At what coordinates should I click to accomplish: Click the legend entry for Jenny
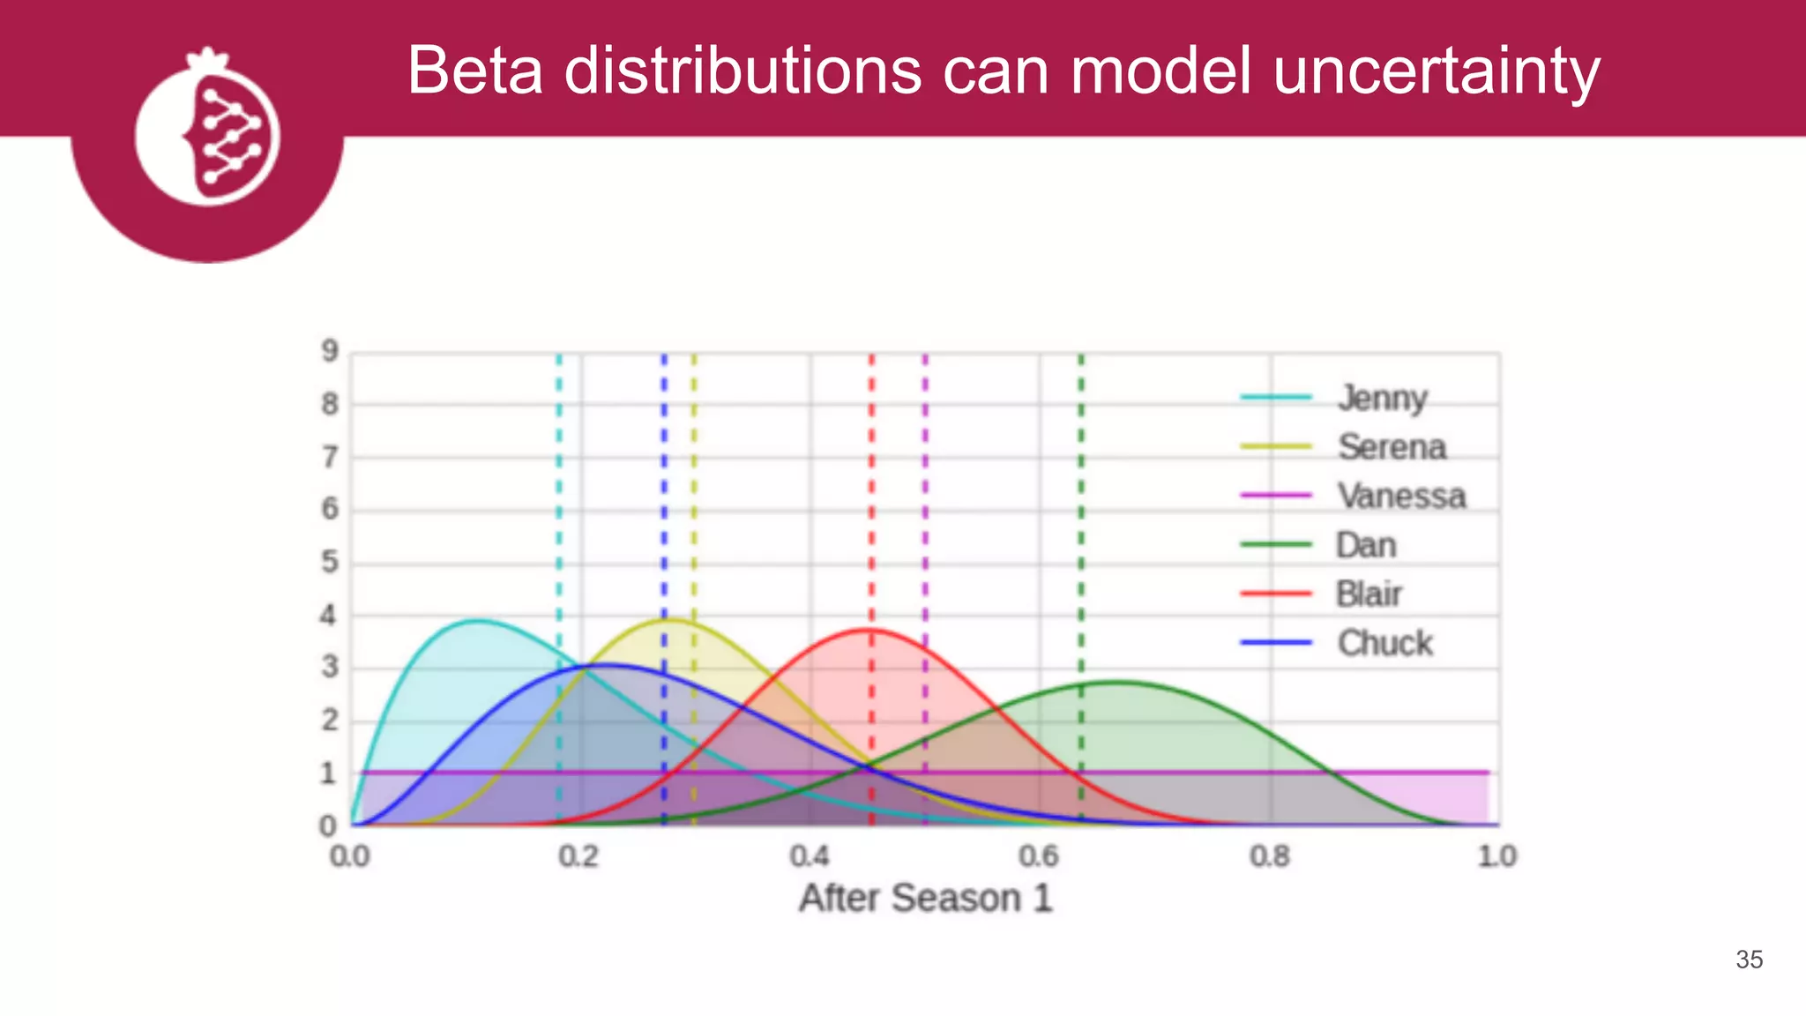coord(1382,399)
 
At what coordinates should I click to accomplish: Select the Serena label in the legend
coord(1392,447)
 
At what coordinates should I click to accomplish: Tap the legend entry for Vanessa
coord(1401,497)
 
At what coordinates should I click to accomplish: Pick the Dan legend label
coord(1366,545)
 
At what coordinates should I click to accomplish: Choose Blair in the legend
coord(1369,594)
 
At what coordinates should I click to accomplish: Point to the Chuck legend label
coord(1384,643)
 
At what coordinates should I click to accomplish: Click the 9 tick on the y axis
coord(330,352)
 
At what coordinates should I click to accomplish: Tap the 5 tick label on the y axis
coord(330,562)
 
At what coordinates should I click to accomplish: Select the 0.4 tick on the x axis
coord(809,856)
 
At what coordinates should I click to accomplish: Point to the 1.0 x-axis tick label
coord(1496,856)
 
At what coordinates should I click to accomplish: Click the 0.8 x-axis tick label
coord(1269,856)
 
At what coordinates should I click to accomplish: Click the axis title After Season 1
coord(925,899)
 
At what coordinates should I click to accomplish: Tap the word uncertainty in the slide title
coord(1436,71)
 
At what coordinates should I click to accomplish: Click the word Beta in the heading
coord(474,71)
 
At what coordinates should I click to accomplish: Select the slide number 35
coord(1749,960)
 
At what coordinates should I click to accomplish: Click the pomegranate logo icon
coord(208,132)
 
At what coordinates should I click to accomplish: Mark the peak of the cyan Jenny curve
coord(476,621)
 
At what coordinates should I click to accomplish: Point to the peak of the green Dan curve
coord(1116,682)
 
